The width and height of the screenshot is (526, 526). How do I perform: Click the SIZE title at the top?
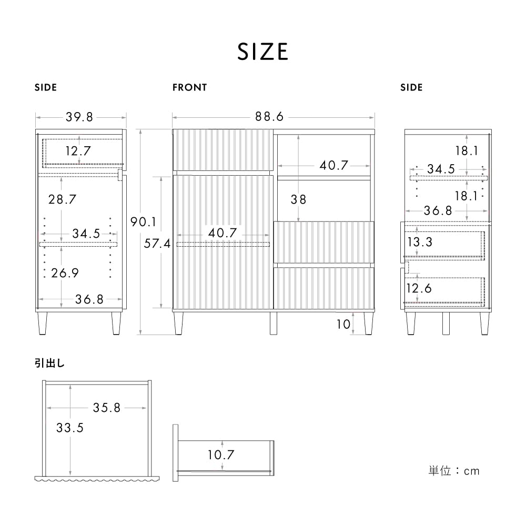coord(262,52)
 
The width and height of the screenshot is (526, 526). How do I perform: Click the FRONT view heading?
coord(189,88)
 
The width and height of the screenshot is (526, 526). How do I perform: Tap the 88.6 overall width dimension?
coord(269,117)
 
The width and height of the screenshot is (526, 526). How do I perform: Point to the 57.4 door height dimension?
coord(157,244)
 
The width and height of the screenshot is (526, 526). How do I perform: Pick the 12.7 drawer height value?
coord(78,151)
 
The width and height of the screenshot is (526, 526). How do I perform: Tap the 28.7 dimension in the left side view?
coord(62,199)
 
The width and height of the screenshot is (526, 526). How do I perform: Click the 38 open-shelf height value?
coord(298,200)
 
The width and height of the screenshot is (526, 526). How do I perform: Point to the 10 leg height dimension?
coord(343,324)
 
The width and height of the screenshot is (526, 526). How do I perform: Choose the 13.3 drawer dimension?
coord(419,242)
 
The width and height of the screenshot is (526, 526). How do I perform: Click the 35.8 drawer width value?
coord(107,407)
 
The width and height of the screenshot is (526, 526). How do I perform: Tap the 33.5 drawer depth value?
coord(70,428)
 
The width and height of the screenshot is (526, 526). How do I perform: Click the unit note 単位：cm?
coord(454,471)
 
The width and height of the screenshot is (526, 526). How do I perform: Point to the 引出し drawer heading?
coord(50,363)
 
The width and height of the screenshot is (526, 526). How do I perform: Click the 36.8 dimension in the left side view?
coord(89,299)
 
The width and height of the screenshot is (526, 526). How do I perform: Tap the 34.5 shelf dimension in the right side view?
coord(441,169)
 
